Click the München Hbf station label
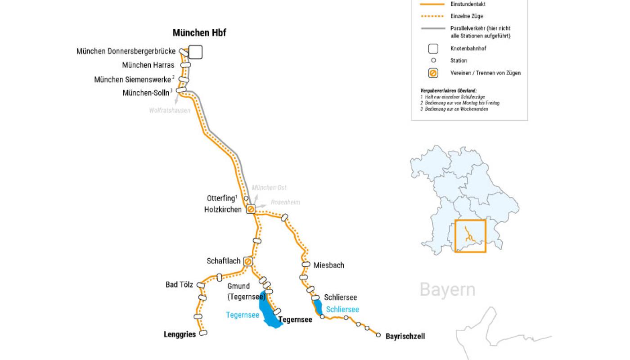[x=199, y=33]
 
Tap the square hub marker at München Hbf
[x=195, y=52]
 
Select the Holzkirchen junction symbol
[x=251, y=209]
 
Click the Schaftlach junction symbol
[x=247, y=261]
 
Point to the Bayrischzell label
[x=405, y=336]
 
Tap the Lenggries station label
[x=180, y=334]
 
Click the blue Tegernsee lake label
[x=243, y=315]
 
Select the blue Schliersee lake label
[x=342, y=309]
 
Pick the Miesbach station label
[x=328, y=265]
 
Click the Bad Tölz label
[x=179, y=284]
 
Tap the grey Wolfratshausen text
[x=170, y=110]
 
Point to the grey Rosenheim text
[x=285, y=202]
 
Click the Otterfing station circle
[x=246, y=198]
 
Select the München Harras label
[x=148, y=65]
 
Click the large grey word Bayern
[x=447, y=289]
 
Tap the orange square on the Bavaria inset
[x=470, y=236]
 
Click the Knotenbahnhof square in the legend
[x=433, y=49]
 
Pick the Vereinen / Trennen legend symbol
[x=433, y=73]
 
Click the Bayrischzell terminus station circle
[x=378, y=334]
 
